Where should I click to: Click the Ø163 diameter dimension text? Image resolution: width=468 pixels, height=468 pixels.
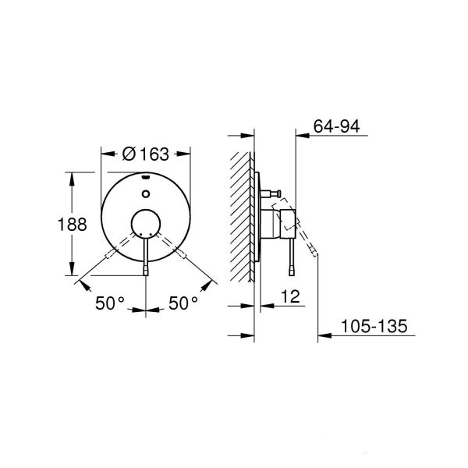pos(147,154)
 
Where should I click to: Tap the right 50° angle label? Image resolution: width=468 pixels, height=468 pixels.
pos(183,303)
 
